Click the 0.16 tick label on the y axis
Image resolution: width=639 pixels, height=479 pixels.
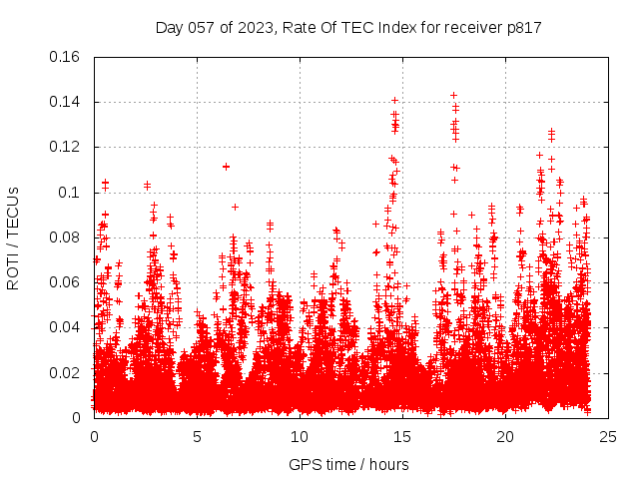66,57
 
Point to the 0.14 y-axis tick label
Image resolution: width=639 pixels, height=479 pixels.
66,102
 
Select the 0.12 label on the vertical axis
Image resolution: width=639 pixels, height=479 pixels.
66,147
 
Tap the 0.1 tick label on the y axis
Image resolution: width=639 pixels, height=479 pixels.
70,192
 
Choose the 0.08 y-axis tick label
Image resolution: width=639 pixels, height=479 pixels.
66,238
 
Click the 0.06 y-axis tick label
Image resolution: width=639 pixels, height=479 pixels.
66,282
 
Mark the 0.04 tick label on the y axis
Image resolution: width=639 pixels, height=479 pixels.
66,327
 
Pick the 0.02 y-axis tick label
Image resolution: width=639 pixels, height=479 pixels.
66,372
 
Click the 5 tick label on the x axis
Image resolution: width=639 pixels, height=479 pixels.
197,436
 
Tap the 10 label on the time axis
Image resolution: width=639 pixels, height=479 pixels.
300,436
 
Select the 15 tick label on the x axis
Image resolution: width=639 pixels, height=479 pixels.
402,436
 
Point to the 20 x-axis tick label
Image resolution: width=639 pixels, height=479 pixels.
505,436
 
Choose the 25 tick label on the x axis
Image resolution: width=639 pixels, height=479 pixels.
608,436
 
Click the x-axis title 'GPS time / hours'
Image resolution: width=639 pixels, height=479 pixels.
348,464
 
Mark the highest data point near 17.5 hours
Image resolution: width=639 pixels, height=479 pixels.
454,96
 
